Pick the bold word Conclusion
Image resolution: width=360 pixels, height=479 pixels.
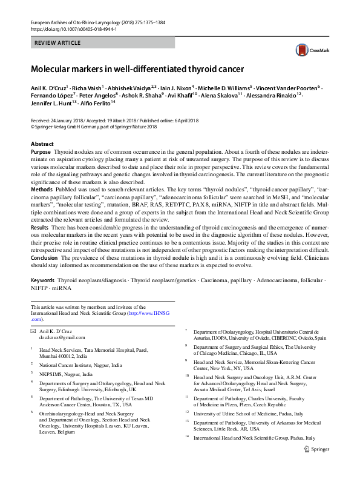[45, 257]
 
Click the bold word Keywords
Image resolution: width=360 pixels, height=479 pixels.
[42, 282]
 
